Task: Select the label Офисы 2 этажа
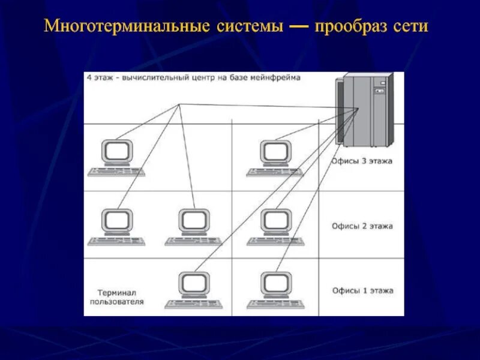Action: (x=362, y=226)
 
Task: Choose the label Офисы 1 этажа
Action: (x=362, y=290)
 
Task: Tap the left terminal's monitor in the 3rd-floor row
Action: (x=116, y=152)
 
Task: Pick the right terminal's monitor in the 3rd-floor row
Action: (x=275, y=152)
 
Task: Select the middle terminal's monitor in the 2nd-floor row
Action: (x=194, y=221)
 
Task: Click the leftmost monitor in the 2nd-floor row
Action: (x=116, y=221)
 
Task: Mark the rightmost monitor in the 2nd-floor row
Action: (x=277, y=221)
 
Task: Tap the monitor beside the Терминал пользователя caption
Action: (x=194, y=284)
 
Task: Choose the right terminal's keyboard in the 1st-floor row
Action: (x=275, y=304)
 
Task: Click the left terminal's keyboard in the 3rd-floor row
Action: (x=116, y=172)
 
